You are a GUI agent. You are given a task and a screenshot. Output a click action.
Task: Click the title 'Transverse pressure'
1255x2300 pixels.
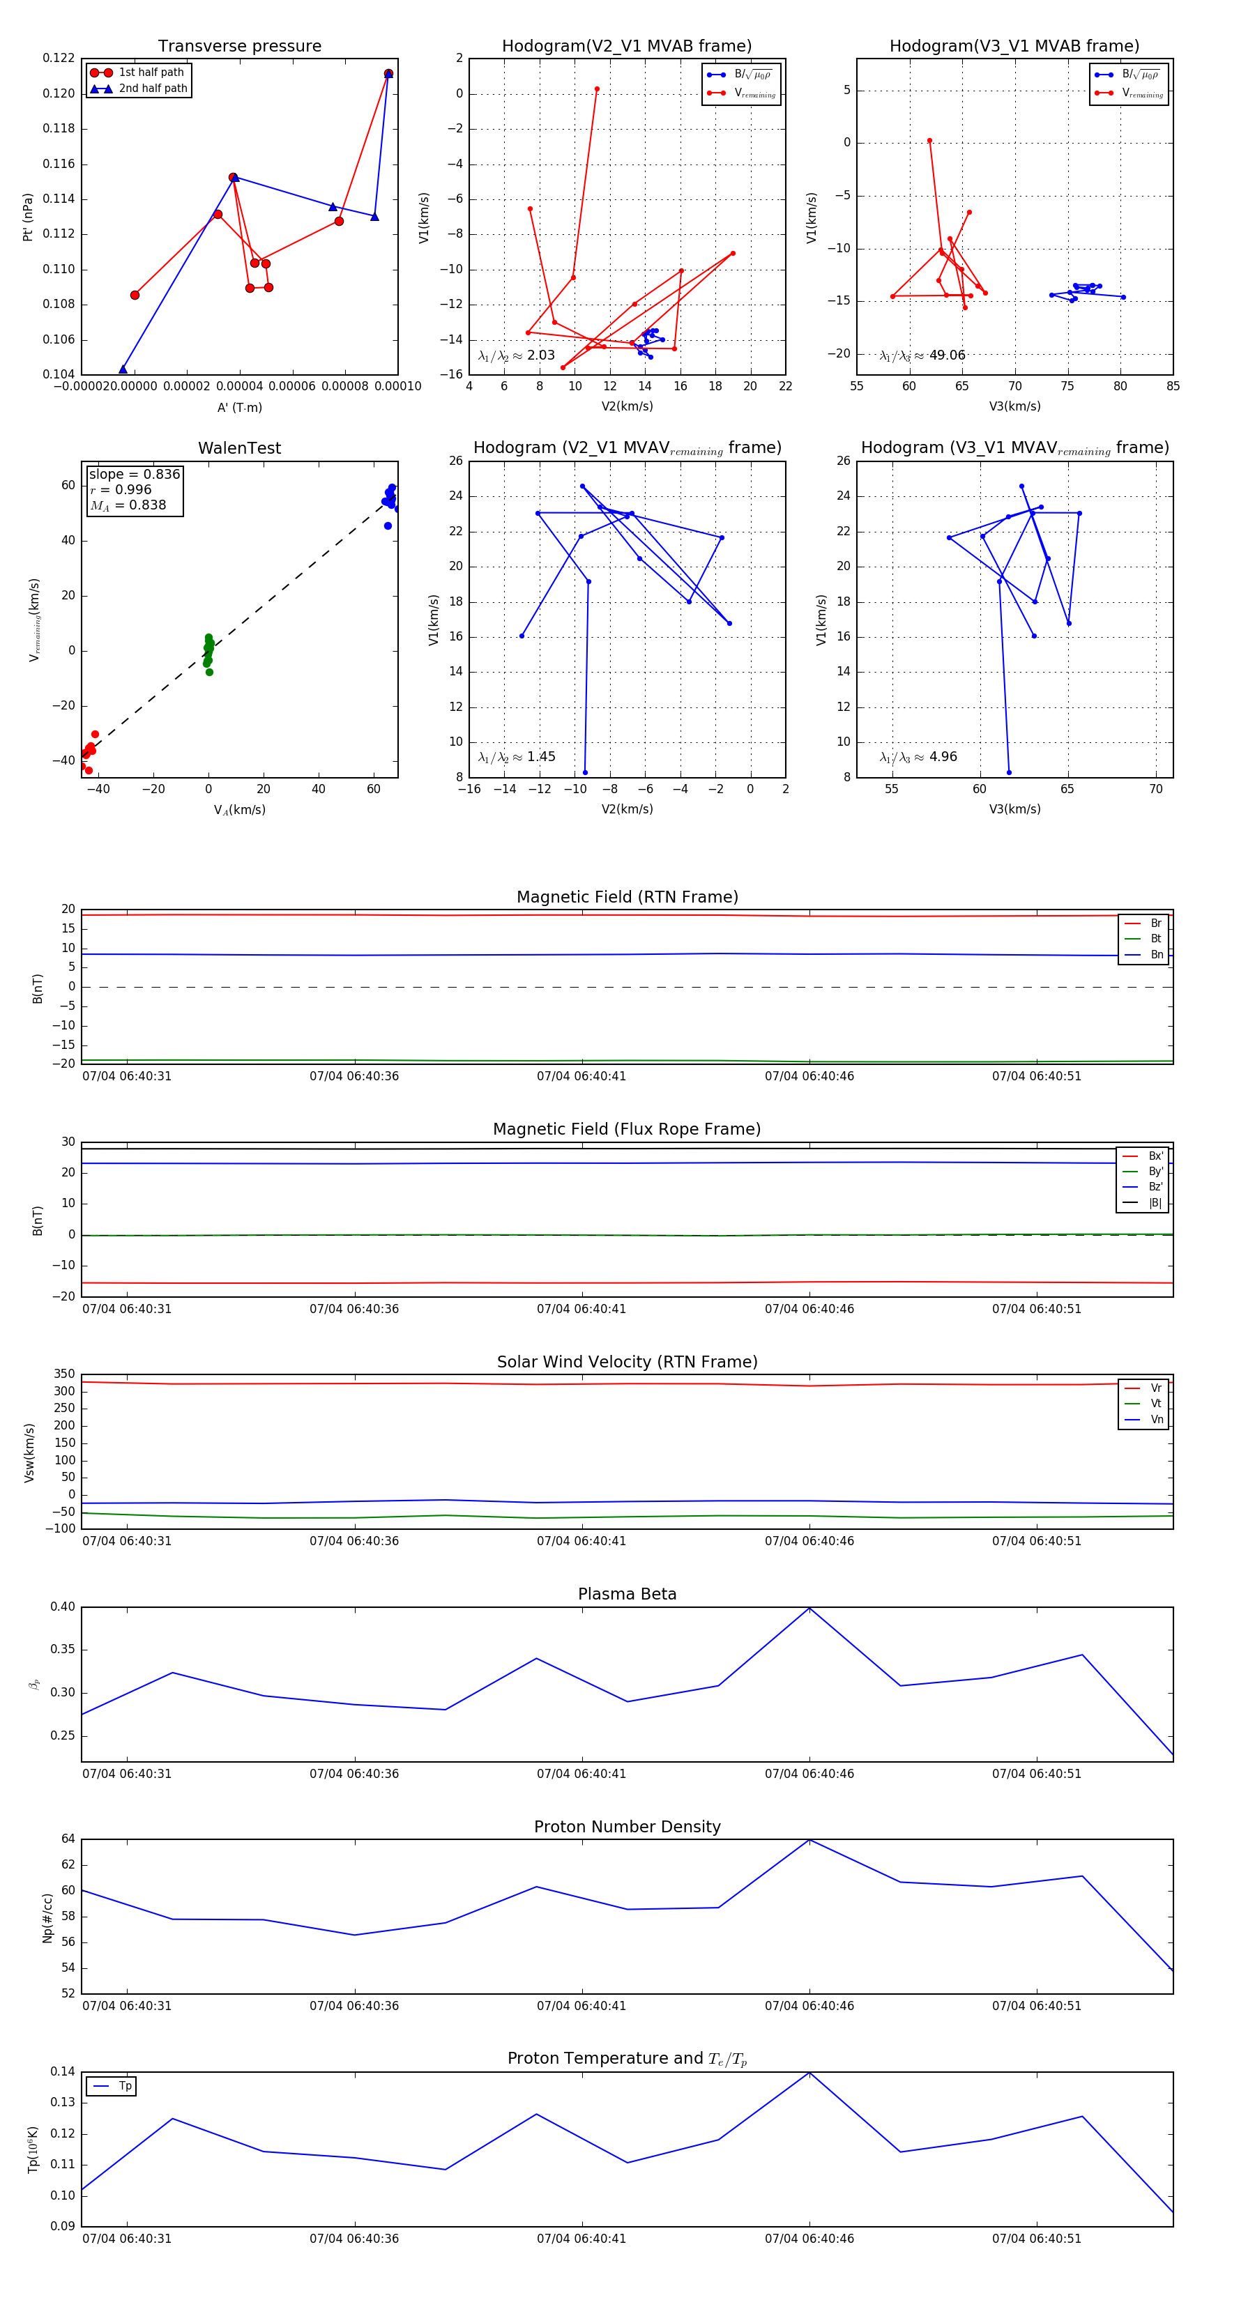(x=239, y=47)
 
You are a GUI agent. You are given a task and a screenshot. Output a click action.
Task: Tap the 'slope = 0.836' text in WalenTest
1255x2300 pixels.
(x=134, y=474)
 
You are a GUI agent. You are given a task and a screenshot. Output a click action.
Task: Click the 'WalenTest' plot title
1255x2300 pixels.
(x=239, y=448)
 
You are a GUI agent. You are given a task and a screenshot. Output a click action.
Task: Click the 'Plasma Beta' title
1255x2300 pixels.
(x=627, y=1594)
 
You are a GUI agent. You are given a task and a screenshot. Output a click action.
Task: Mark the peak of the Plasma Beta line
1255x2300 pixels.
(x=809, y=1608)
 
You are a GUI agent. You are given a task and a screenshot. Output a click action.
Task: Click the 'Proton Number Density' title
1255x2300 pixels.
(x=627, y=1826)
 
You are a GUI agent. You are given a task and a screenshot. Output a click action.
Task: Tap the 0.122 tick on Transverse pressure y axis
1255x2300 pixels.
(x=59, y=58)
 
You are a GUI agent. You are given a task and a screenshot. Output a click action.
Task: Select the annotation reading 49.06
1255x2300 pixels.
(x=947, y=355)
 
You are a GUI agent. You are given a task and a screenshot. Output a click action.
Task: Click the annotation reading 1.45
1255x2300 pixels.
(x=540, y=756)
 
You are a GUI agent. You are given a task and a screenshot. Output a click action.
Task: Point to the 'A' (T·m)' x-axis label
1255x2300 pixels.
(x=239, y=407)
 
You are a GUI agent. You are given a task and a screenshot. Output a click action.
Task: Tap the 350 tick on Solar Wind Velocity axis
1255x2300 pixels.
(x=64, y=1374)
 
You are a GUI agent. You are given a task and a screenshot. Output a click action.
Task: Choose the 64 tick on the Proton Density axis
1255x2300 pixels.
(x=68, y=1839)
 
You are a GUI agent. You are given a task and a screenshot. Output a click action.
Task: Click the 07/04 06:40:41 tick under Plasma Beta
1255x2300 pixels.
(x=581, y=1773)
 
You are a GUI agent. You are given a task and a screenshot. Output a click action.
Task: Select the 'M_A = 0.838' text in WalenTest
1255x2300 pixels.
(x=128, y=505)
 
